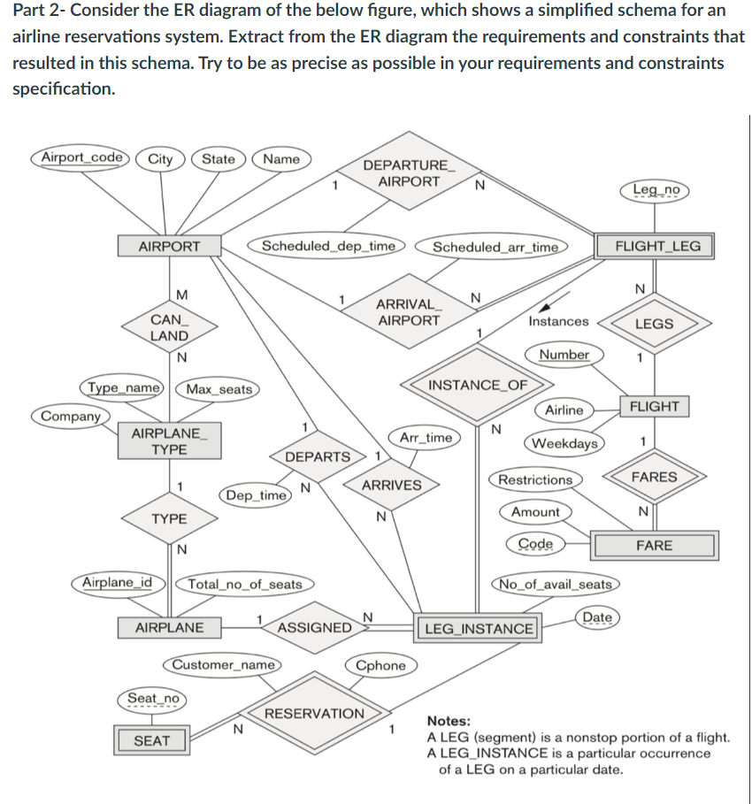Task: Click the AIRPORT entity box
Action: (169, 246)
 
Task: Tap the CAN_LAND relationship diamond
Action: (168, 327)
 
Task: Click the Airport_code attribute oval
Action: (82, 158)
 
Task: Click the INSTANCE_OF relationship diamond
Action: (477, 385)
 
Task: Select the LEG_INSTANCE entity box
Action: (479, 629)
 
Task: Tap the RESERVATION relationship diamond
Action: (314, 713)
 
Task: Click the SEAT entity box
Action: (151, 740)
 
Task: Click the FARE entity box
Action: (654, 546)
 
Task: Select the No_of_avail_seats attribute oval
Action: (556, 584)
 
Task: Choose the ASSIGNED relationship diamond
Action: (315, 628)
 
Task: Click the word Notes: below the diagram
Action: (449, 722)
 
